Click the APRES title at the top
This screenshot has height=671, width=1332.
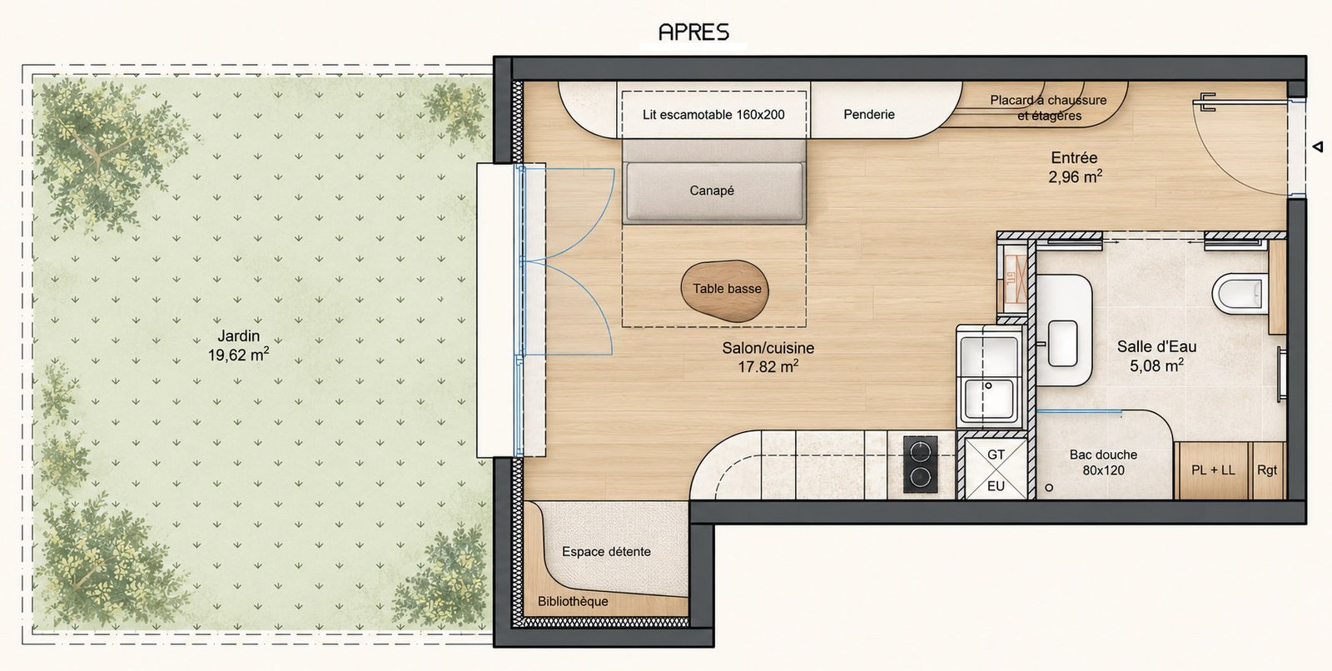693,32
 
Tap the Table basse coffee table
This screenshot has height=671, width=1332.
725,291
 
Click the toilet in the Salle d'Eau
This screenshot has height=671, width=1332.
1240,293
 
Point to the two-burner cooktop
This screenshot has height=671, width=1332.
921,465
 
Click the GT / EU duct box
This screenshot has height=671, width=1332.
996,469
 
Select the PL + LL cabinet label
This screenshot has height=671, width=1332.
1213,470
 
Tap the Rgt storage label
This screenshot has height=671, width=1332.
1267,470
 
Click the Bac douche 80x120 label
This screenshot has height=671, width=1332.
1103,462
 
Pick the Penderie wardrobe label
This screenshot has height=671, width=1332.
869,114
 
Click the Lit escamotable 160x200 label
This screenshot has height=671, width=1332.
713,115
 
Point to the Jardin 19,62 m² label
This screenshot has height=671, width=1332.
238,345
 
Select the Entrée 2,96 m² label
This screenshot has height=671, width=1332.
1075,167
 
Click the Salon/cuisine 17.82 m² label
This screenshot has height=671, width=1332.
768,357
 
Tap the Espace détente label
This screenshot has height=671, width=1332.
606,551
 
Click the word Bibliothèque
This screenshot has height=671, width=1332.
573,601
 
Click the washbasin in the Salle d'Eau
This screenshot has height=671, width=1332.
1062,343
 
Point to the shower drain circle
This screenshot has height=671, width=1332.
1049,487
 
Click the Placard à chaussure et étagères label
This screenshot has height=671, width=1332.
1048,107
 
